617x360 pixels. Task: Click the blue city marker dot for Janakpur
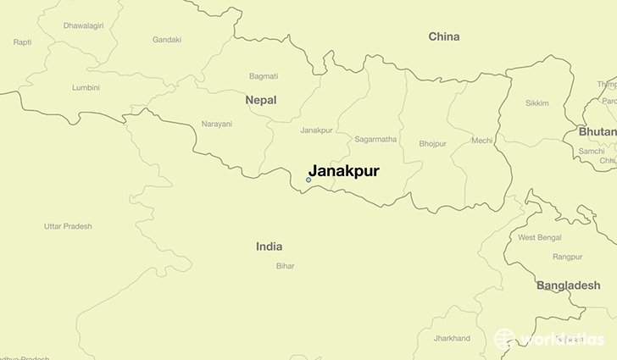pyautogui.click(x=308, y=180)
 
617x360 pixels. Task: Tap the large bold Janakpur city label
pyautogui.click(x=343, y=170)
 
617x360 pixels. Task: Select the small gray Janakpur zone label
pyautogui.click(x=316, y=130)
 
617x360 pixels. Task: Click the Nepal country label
pyautogui.click(x=261, y=100)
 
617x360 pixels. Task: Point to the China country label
pyautogui.click(x=444, y=36)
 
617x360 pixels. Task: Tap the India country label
pyautogui.click(x=269, y=246)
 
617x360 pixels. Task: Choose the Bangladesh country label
pyautogui.click(x=568, y=285)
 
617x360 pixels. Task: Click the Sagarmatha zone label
pyautogui.click(x=376, y=137)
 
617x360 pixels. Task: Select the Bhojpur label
pyautogui.click(x=432, y=144)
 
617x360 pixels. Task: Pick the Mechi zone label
pyautogui.click(x=482, y=141)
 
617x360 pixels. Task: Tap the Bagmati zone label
pyautogui.click(x=264, y=76)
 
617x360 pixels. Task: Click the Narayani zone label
pyautogui.click(x=217, y=125)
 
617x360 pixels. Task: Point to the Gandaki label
pyautogui.click(x=167, y=40)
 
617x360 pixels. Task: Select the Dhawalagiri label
pyautogui.click(x=83, y=25)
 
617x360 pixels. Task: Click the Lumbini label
pyautogui.click(x=86, y=87)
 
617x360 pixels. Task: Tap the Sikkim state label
pyautogui.click(x=537, y=103)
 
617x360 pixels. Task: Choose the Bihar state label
pyautogui.click(x=285, y=266)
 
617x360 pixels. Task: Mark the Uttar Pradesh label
pyautogui.click(x=68, y=226)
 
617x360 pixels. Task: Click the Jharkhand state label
pyautogui.click(x=451, y=338)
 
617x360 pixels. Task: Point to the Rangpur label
pyautogui.click(x=567, y=256)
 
